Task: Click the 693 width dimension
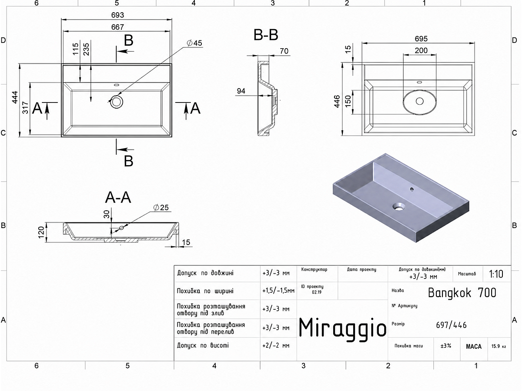[117, 15]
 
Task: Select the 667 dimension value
[117, 27]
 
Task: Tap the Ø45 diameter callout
[194, 43]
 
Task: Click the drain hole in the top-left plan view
[116, 101]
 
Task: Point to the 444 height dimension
[15, 97]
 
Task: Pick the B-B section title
[266, 35]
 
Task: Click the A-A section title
[118, 197]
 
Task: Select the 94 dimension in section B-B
[241, 91]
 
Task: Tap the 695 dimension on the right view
[421, 39]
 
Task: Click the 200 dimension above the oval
[421, 50]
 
